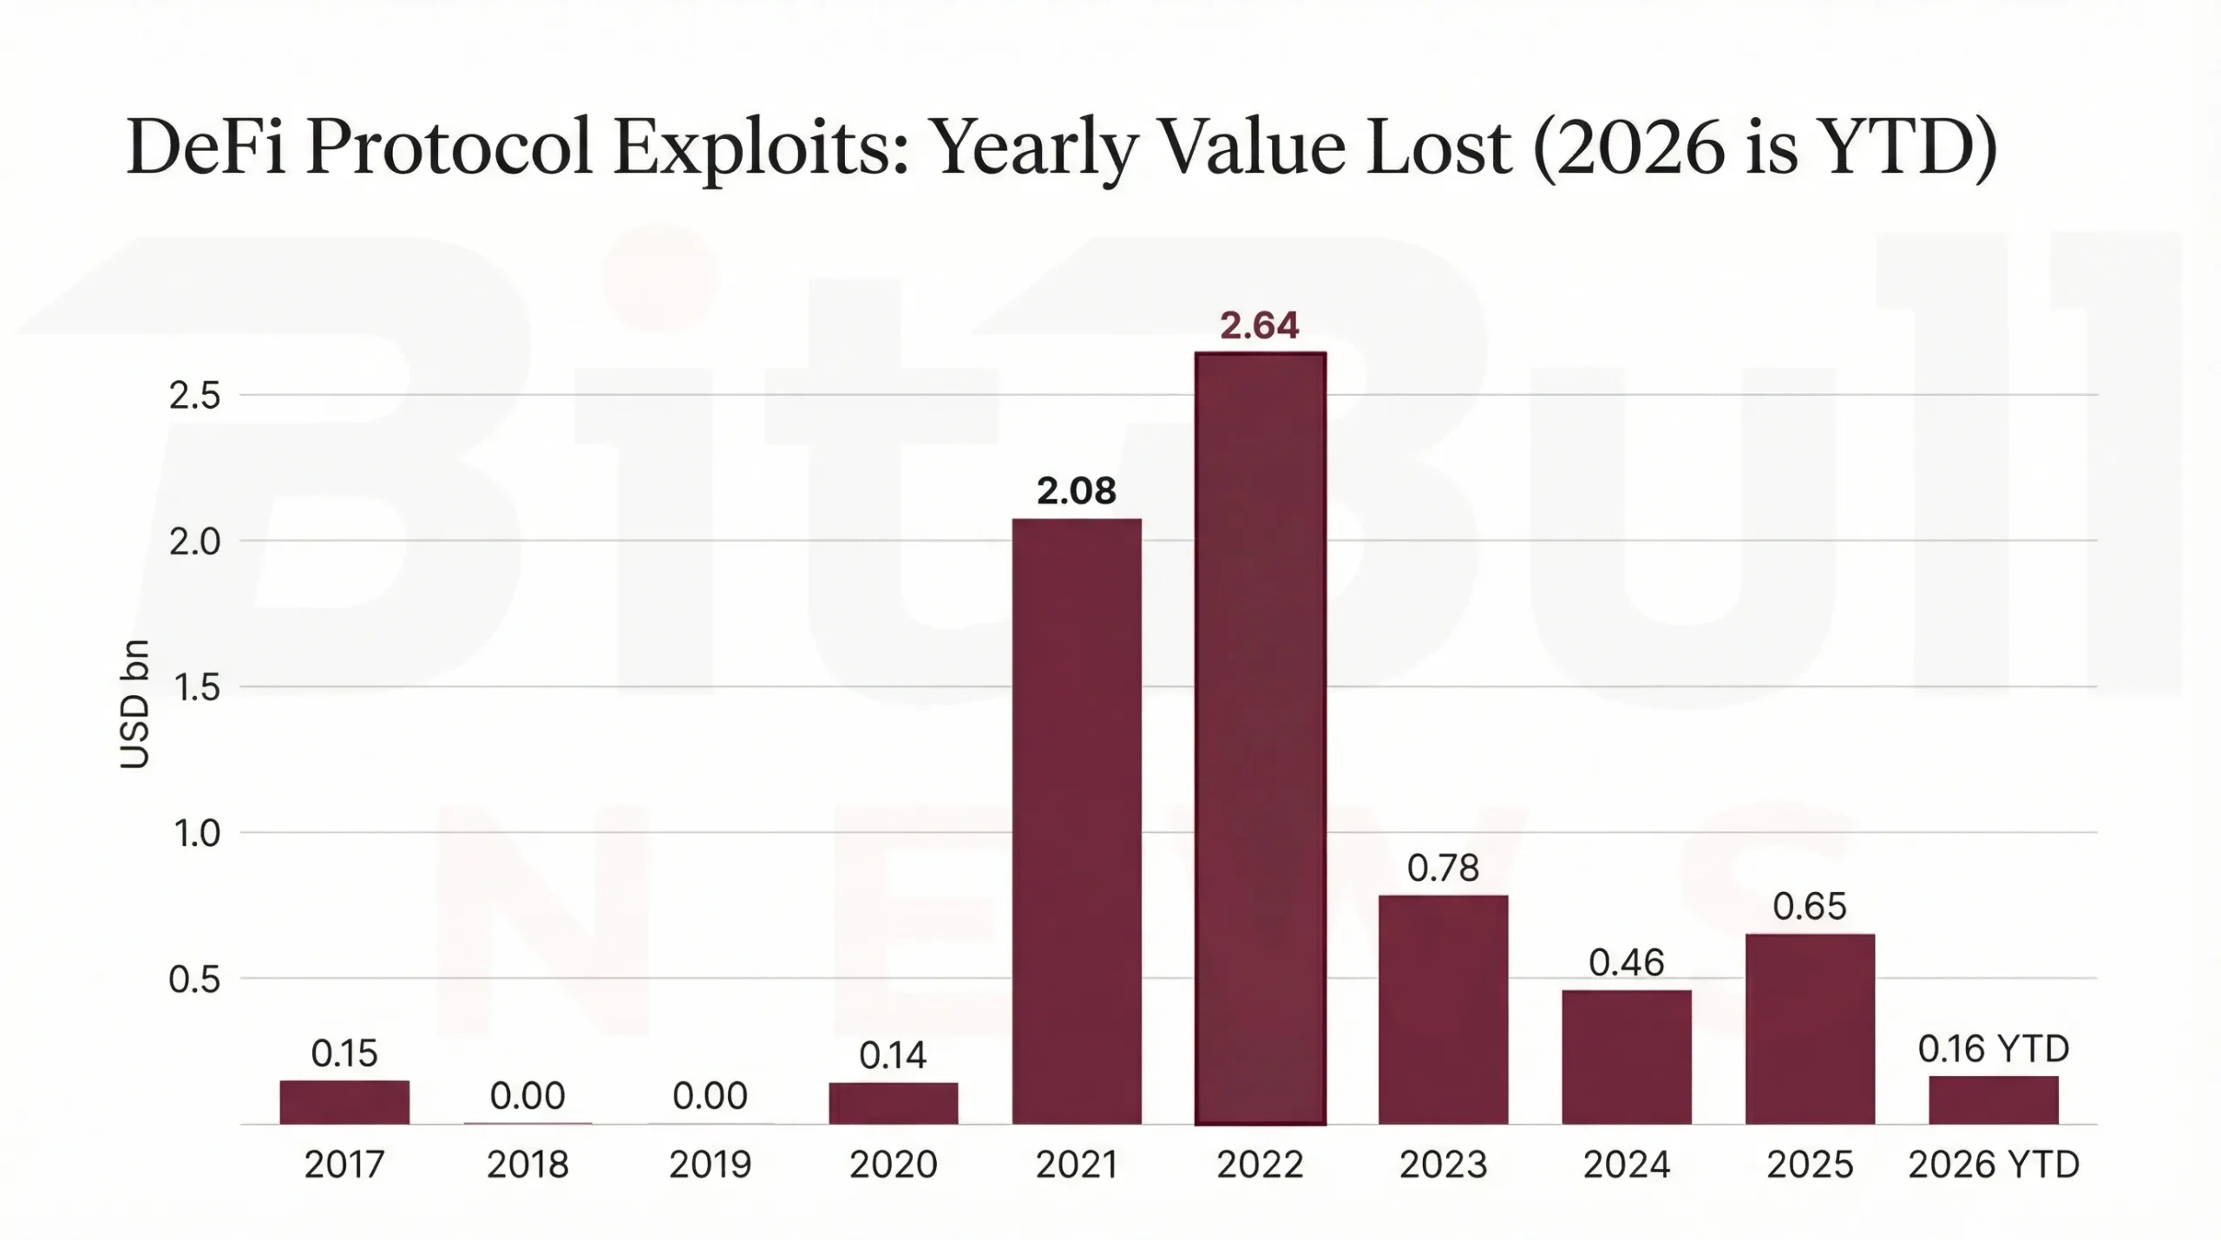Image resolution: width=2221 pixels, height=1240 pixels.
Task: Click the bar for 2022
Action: pyautogui.click(x=1260, y=738)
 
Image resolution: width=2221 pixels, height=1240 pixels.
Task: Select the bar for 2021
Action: pyautogui.click(x=1077, y=821)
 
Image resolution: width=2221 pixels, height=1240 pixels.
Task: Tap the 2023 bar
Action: pyautogui.click(x=1443, y=1009)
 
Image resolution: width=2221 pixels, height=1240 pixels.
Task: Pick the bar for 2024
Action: pyautogui.click(x=1627, y=1056)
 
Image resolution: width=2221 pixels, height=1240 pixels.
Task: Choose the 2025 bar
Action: pyautogui.click(x=1810, y=1028)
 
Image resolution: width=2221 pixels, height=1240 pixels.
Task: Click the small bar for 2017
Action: pyautogui.click(x=344, y=1102)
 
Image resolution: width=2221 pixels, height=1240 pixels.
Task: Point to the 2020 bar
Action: pyautogui.click(x=894, y=1103)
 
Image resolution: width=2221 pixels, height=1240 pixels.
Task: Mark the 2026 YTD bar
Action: pyautogui.click(x=1994, y=1099)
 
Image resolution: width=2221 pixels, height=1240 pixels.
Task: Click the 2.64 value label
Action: pyautogui.click(x=1260, y=325)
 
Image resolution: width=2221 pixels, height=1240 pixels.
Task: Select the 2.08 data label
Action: pyautogui.click(x=1077, y=491)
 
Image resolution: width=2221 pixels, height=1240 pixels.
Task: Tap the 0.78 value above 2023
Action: pyautogui.click(x=1443, y=868)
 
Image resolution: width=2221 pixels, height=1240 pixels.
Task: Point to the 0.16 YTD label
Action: pyautogui.click(x=1994, y=1050)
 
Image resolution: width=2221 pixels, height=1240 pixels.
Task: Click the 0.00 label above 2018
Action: pyautogui.click(x=527, y=1096)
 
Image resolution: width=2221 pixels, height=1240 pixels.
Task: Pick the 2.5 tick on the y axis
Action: pyautogui.click(x=194, y=396)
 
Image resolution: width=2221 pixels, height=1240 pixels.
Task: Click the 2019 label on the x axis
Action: pyautogui.click(x=711, y=1165)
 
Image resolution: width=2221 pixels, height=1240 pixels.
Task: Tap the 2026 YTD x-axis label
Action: pyautogui.click(x=1994, y=1165)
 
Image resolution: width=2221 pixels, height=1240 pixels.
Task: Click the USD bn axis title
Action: pyautogui.click(x=134, y=704)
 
